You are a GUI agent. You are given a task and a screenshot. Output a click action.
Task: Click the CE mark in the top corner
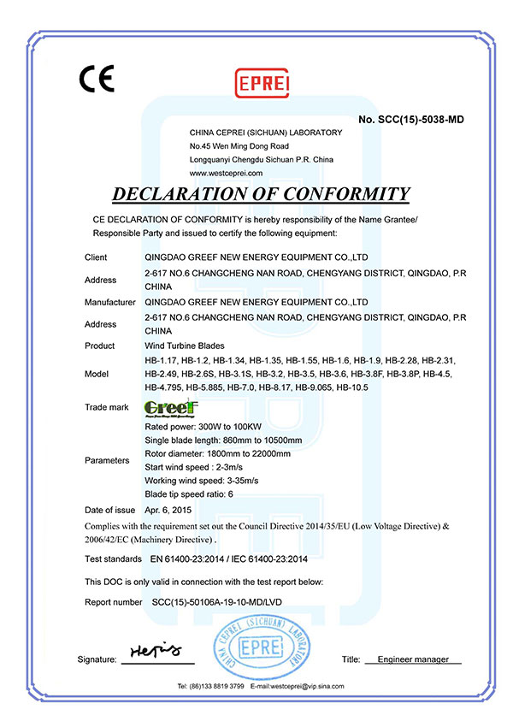click(97, 79)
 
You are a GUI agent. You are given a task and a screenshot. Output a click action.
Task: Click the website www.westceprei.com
click(226, 172)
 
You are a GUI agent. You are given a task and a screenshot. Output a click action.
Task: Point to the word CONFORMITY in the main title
click(341, 193)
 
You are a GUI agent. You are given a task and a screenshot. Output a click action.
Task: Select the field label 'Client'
click(96, 257)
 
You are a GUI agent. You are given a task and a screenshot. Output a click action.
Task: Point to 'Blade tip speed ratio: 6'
click(188, 494)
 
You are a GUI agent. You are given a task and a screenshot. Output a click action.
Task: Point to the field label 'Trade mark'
click(107, 407)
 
